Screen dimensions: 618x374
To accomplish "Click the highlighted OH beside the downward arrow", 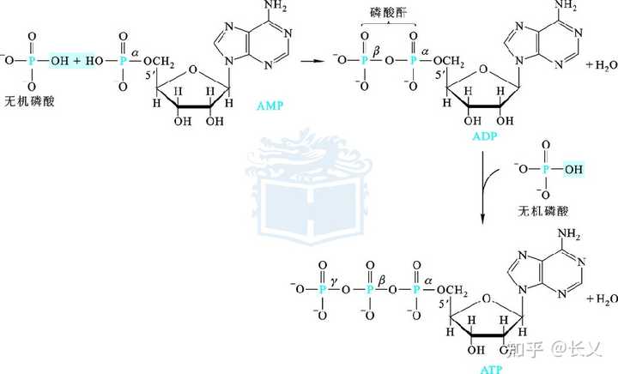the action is (x=573, y=169).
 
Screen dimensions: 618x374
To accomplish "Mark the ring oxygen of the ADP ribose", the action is (x=491, y=72).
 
